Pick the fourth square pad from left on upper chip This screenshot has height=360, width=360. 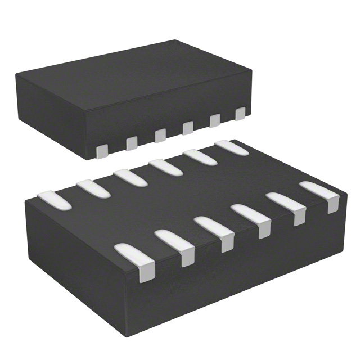[x=188, y=128]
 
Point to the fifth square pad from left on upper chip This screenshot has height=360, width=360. [x=214, y=120]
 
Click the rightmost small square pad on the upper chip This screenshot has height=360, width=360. [x=240, y=114]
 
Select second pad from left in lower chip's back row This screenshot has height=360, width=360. [x=93, y=188]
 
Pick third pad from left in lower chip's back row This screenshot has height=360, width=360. [x=130, y=177]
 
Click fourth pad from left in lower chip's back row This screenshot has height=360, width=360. [x=165, y=166]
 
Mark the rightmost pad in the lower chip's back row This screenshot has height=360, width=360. [x=231, y=147]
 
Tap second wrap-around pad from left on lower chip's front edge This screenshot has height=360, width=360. [x=177, y=244]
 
